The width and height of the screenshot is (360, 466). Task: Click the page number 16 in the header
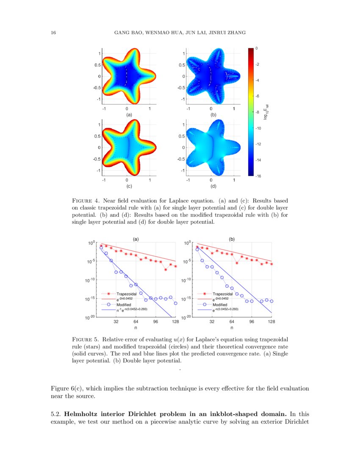point(53,33)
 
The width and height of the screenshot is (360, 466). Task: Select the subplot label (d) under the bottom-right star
point(213,186)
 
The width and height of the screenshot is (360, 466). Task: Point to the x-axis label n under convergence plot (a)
point(136,328)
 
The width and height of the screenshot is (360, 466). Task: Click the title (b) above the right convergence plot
point(232,239)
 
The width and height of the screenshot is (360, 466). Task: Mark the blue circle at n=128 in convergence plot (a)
point(175,303)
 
